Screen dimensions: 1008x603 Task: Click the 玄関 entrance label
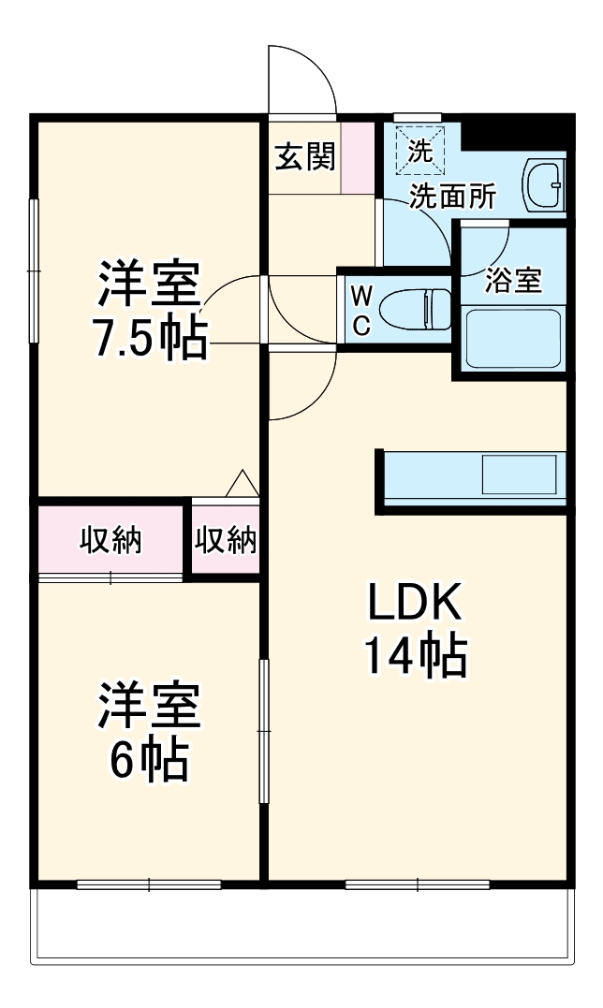click(304, 157)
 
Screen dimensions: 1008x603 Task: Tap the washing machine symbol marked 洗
click(420, 151)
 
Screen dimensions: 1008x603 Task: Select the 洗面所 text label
click(453, 197)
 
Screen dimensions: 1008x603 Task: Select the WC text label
click(361, 310)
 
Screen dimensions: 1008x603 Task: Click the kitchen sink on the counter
click(521, 475)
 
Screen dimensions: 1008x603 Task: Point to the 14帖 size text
click(414, 658)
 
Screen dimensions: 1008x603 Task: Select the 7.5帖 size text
click(150, 340)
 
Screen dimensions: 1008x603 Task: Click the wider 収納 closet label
click(110, 540)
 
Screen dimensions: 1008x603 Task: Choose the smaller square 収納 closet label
click(226, 540)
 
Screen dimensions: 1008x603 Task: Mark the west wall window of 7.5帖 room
click(35, 270)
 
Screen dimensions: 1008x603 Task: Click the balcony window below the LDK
click(417, 884)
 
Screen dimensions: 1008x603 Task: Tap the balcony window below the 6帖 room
click(149, 884)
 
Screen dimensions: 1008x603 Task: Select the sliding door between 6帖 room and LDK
click(264, 731)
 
